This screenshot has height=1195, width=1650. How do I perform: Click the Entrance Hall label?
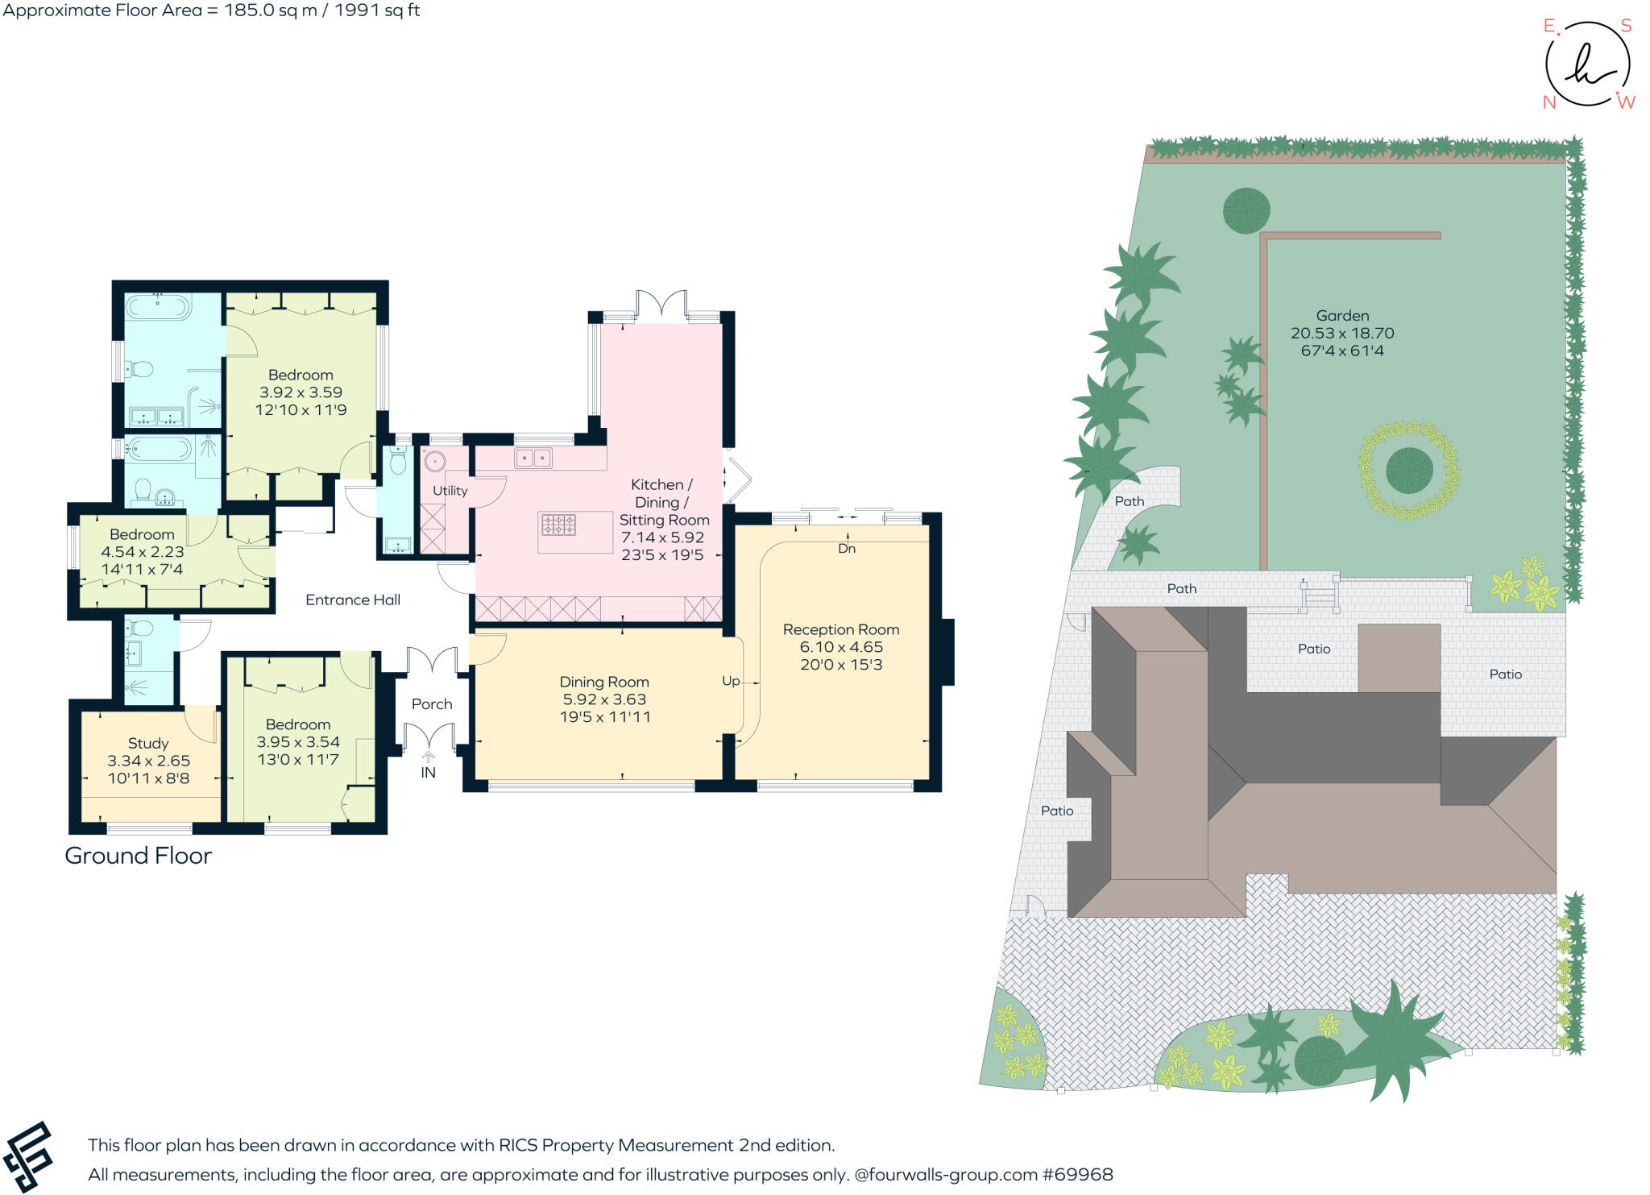[x=353, y=600]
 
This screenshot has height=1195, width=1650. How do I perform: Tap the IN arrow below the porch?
[x=428, y=757]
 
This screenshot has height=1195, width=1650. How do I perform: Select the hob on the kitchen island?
[x=558, y=525]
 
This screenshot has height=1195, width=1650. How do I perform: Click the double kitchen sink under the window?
[x=533, y=458]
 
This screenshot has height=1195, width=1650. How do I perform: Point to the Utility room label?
[x=450, y=490]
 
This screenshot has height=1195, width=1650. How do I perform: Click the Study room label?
[x=148, y=743]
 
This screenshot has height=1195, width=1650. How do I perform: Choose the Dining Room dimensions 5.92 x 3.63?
[x=604, y=699]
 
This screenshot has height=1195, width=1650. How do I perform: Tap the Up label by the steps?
[x=731, y=681]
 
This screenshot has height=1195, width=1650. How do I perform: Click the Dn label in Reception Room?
[x=847, y=549]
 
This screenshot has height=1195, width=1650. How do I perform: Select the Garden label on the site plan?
[x=1342, y=316]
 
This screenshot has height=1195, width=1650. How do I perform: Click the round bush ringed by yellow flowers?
[x=1409, y=470]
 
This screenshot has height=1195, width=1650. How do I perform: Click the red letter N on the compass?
[x=1548, y=102]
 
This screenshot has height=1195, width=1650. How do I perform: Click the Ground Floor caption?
[x=138, y=856]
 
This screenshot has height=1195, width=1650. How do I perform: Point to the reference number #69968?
[x=1077, y=1174]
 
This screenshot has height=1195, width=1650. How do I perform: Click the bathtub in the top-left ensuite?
[x=159, y=307]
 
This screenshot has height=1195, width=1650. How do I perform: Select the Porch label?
[x=432, y=703]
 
